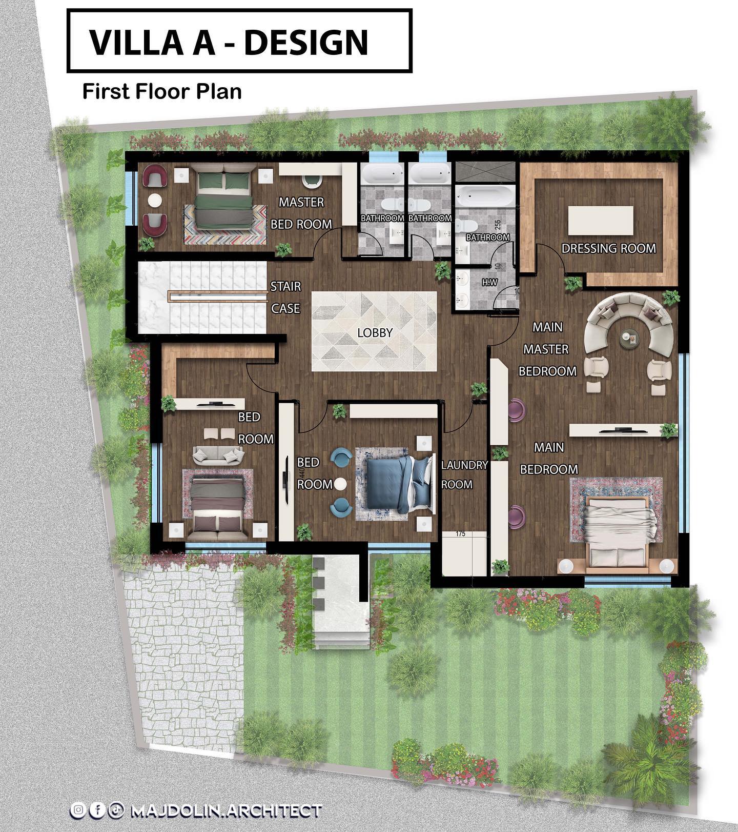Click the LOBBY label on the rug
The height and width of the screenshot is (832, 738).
[x=375, y=332]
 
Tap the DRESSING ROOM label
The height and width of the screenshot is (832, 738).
[x=608, y=248]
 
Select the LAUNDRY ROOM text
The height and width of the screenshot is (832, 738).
[x=464, y=474]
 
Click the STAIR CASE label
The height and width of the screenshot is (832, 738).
[x=285, y=297]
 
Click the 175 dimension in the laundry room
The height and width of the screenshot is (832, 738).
[x=460, y=534]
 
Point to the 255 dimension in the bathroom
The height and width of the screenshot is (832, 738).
[x=498, y=225]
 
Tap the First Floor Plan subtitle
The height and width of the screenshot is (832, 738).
[x=162, y=91]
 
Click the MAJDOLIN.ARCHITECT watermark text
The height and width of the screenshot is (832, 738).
[x=226, y=811]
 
